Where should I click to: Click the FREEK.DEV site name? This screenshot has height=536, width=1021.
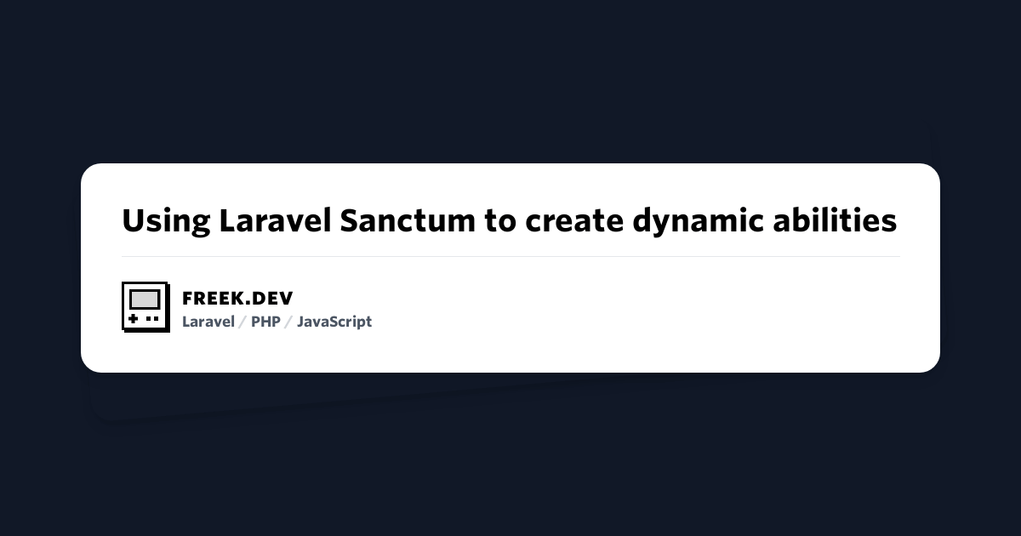pyautogui.click(x=237, y=299)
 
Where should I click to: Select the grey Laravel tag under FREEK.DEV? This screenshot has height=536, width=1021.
pyautogui.click(x=208, y=322)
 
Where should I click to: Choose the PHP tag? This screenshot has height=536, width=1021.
pyautogui.click(x=265, y=322)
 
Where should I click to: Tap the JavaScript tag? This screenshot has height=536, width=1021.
pyautogui.click(x=334, y=322)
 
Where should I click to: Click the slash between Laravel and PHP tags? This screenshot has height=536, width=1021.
pyautogui.click(x=242, y=322)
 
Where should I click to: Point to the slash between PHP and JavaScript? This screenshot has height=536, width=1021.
pyautogui.click(x=288, y=322)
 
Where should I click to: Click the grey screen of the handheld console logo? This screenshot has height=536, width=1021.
pyautogui.click(x=145, y=299)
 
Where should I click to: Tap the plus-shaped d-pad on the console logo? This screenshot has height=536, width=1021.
pyautogui.click(x=133, y=318)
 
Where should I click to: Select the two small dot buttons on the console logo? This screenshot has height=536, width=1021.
pyautogui.click(x=152, y=318)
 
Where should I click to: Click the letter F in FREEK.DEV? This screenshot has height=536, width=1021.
pyautogui.click(x=188, y=299)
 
